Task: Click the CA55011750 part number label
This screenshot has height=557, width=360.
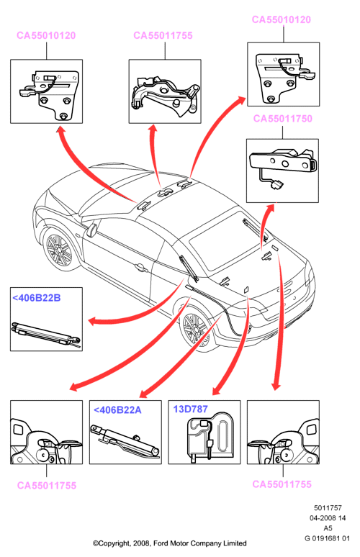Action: click(282, 118)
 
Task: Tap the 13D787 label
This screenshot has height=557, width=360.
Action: click(190, 409)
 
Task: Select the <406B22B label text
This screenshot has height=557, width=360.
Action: click(37, 298)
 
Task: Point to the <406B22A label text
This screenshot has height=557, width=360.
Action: click(117, 410)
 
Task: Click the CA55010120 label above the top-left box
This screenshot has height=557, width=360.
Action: click(46, 35)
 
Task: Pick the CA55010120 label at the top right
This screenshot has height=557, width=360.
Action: click(282, 19)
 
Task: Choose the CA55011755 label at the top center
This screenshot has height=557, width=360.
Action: click(163, 35)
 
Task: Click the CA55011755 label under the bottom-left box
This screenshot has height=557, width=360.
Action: click(47, 486)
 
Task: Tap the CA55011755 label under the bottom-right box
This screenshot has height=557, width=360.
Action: click(282, 484)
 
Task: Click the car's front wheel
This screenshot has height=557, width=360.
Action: click(58, 249)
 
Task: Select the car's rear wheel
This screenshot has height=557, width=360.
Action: click(196, 330)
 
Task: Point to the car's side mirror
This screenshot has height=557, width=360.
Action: click(91, 230)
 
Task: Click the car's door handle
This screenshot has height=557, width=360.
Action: click(140, 267)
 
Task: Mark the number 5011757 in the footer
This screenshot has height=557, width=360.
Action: click(328, 508)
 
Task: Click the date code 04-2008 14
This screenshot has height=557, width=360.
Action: click(328, 518)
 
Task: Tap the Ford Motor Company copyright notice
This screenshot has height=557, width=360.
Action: click(170, 543)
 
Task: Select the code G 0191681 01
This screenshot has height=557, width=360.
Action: click(328, 538)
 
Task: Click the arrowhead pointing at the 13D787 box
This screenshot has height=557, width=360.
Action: click(216, 391)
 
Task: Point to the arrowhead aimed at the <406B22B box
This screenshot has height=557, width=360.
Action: click(92, 322)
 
